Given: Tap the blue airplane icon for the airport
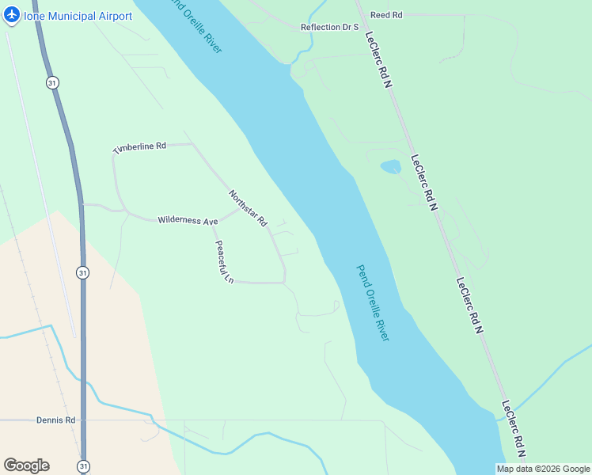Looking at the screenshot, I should click(12, 16).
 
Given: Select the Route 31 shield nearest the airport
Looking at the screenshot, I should click(52, 82).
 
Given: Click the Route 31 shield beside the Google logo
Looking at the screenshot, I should click(83, 466).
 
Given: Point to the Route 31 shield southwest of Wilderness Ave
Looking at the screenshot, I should click(83, 272).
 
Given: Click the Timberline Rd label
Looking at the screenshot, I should click(139, 147).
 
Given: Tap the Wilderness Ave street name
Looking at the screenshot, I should click(188, 221).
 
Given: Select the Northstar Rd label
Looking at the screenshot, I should click(249, 209).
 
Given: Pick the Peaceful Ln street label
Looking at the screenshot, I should click(225, 262).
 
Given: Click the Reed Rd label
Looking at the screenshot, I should click(386, 15).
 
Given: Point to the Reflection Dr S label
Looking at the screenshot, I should click(330, 27).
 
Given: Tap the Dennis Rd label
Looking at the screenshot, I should click(55, 420).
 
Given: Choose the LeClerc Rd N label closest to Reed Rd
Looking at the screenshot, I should click(379, 59).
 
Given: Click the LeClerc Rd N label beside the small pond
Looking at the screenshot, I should click(424, 182).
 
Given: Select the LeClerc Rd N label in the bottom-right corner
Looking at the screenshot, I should click(514, 428).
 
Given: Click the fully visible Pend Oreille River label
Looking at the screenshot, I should click(373, 302).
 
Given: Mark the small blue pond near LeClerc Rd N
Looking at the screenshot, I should click(390, 167).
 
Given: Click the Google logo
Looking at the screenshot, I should click(26, 465).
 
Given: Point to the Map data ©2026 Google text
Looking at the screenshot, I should click(543, 469).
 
